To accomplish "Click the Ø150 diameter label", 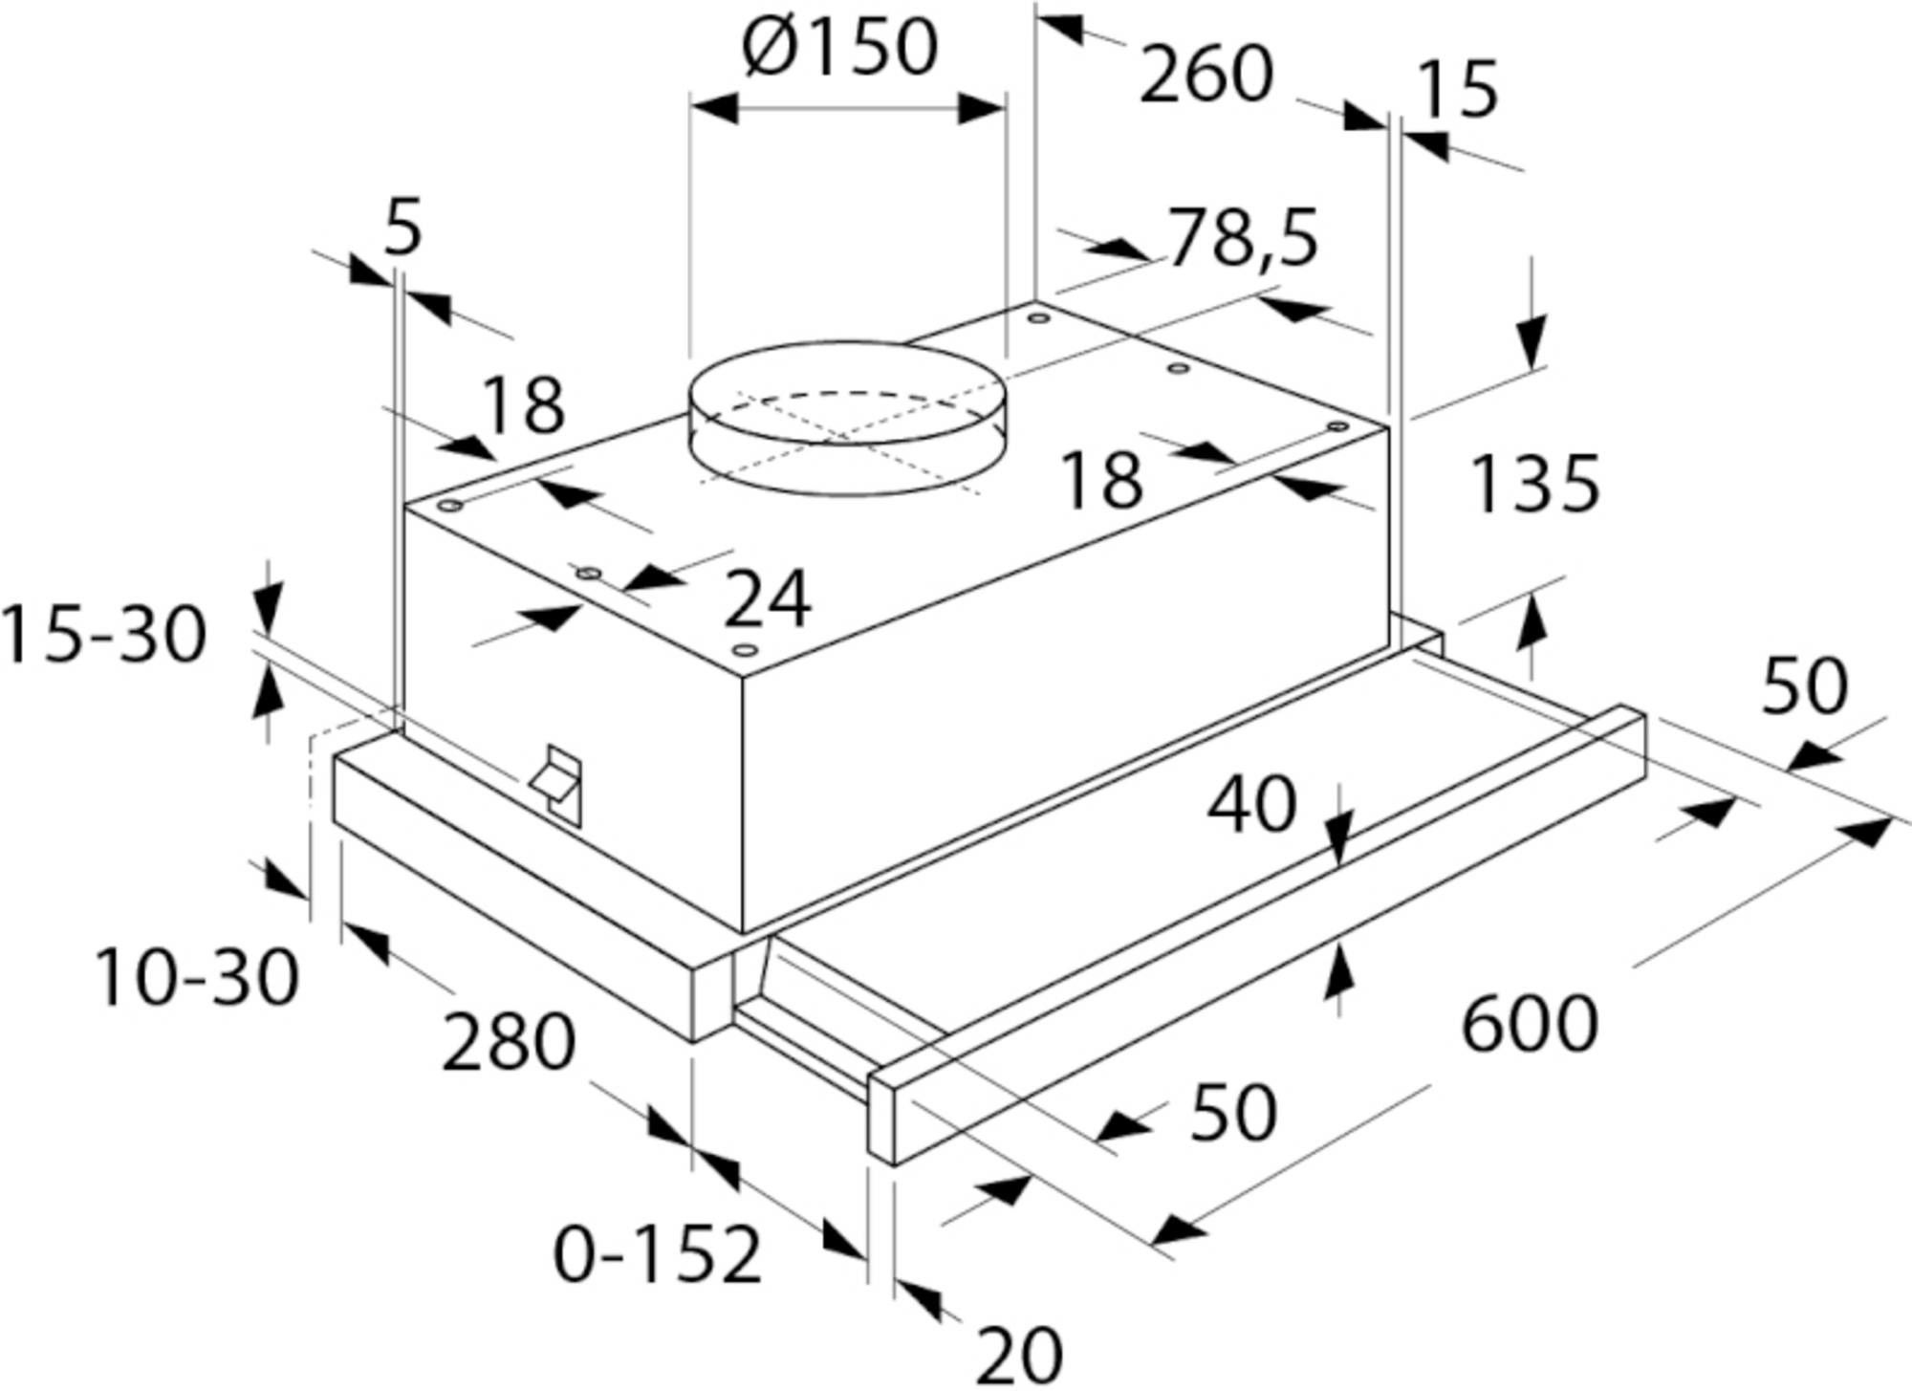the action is click(840, 48).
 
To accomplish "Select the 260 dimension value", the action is click(1206, 75).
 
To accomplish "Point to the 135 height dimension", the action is click(1534, 484).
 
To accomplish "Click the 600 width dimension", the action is click(1531, 1023).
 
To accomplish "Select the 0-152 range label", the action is click(658, 1254).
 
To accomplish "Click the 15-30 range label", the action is click(103, 636).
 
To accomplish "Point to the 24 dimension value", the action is click(768, 599).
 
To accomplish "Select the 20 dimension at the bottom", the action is click(1019, 1354).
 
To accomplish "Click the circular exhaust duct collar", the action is click(848, 419).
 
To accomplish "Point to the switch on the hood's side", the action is click(556, 780).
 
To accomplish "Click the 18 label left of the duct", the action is click(522, 405).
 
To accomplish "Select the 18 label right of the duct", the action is click(1101, 479).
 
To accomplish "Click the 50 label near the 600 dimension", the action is click(1805, 685).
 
